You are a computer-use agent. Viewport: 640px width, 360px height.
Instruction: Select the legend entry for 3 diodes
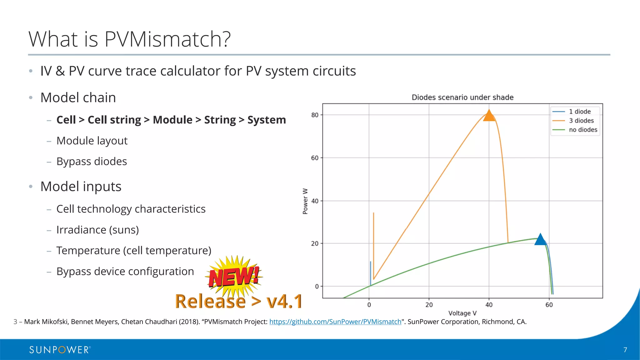pos(581,121)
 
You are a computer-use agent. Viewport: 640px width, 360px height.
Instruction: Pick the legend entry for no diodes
pos(583,130)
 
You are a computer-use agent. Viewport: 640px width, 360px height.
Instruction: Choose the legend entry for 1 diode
pos(579,112)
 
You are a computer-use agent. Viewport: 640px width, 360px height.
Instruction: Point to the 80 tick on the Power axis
pos(315,115)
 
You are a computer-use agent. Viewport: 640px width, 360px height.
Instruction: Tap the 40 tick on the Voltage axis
pos(489,305)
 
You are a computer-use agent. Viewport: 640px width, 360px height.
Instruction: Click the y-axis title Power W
pos(305,201)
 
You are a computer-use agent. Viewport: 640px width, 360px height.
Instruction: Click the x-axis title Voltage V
pos(462,313)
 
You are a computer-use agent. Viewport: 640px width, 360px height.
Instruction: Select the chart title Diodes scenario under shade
pos(462,97)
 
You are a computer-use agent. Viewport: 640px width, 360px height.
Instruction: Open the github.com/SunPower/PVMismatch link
pos(335,322)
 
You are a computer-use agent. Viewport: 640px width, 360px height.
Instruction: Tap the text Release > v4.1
pos(239,301)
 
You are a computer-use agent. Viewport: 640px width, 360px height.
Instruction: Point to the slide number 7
pos(625,350)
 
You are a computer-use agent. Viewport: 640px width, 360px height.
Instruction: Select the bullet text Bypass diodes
pos(92,162)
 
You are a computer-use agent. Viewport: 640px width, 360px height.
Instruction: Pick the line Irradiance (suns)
pos(97,230)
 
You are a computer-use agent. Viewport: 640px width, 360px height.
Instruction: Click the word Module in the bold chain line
pos(172,120)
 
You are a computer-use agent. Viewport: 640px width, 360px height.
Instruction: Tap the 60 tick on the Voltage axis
pos(549,305)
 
